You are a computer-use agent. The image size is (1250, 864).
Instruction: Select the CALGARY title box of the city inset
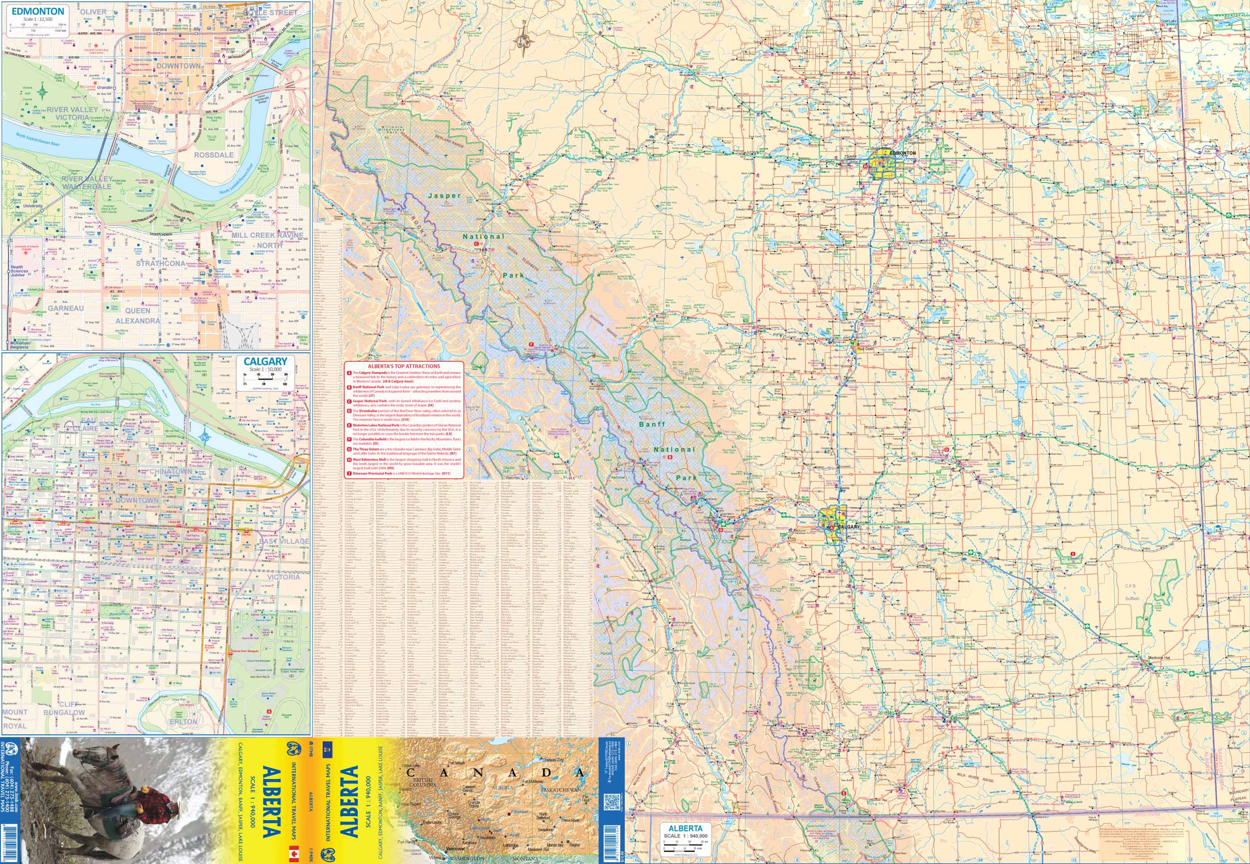tap(265, 362)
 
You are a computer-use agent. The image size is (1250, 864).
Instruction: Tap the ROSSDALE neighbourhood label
tap(213, 155)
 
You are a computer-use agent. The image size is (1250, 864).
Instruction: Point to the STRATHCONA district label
tap(160, 264)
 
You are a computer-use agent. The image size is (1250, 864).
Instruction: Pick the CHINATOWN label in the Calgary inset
tap(170, 471)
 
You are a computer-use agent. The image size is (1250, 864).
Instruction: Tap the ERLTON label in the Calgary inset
tap(183, 722)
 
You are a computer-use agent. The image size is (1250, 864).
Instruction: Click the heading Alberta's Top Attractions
tap(404, 366)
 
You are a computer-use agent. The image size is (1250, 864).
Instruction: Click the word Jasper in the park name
tap(444, 195)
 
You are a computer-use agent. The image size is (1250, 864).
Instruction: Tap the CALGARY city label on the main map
tap(848, 527)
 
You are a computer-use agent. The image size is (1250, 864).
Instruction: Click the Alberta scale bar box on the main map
tap(685, 837)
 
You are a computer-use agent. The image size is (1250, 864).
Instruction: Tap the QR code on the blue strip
tap(611, 801)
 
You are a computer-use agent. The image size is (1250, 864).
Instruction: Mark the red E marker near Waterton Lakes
tap(843, 794)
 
